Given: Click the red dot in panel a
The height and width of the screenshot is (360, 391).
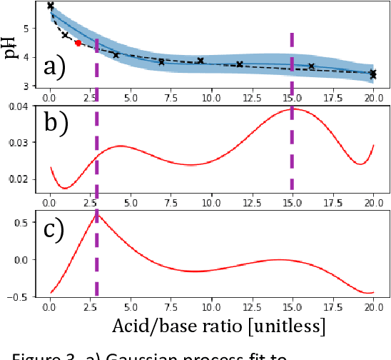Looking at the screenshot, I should click(x=78, y=43).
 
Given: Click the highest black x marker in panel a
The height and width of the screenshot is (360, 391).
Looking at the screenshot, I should click(x=50, y=6).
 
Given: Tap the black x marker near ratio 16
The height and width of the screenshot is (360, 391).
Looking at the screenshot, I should click(x=311, y=66).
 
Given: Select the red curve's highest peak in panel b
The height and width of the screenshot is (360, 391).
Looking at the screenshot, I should click(x=292, y=109).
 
